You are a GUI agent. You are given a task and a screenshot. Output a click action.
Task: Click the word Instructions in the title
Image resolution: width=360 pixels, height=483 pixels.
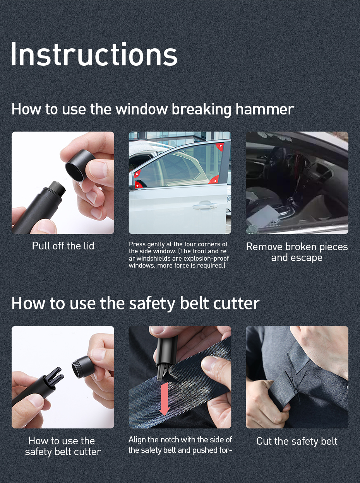pyautogui.click(x=94, y=54)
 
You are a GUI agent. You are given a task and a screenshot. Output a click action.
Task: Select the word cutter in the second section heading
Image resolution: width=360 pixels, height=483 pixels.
pyautogui.click(x=235, y=303)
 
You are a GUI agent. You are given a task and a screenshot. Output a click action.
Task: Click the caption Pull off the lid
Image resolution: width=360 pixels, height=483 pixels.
pyautogui.click(x=63, y=246)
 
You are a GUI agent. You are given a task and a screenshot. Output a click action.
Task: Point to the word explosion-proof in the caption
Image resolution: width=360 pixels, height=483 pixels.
pyautogui.click(x=206, y=259)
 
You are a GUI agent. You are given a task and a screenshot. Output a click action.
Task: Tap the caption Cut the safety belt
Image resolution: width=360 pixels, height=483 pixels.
pyautogui.click(x=297, y=441)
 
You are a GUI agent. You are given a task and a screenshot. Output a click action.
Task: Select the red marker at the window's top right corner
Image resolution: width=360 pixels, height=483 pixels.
pyautogui.click(x=220, y=147)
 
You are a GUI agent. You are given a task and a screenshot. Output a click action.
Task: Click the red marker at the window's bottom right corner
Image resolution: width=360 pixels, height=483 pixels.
pyautogui.click(x=214, y=180)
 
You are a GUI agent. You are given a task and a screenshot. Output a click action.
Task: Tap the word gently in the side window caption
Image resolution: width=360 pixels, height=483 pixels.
pyautogui.click(x=157, y=244)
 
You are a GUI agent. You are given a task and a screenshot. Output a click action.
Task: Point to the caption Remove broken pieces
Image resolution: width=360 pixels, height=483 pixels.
pyautogui.click(x=297, y=247)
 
